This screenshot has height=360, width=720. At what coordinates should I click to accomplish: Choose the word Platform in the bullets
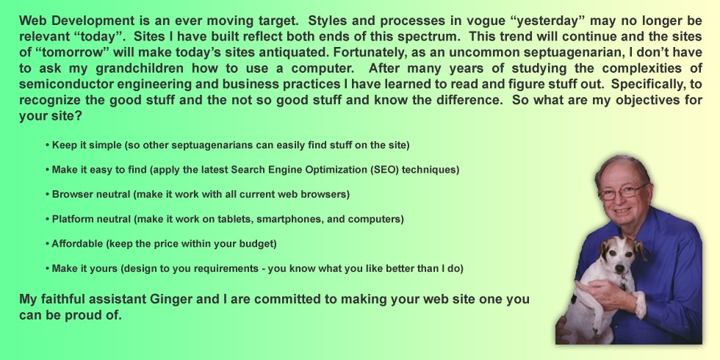tap(75, 219)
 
